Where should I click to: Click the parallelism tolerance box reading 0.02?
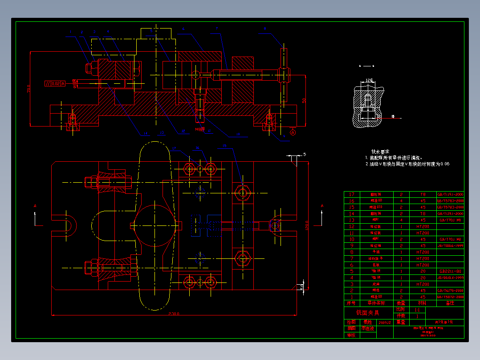55,83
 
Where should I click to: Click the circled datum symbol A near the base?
293,132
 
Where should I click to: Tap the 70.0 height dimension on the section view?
29,88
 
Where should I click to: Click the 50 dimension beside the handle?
305,101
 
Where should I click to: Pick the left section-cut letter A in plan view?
35,206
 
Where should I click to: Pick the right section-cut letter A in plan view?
322,206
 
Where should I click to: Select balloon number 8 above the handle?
265,29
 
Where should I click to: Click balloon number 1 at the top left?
70,32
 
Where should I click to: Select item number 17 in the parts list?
352,195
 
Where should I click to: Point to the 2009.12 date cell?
385,322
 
